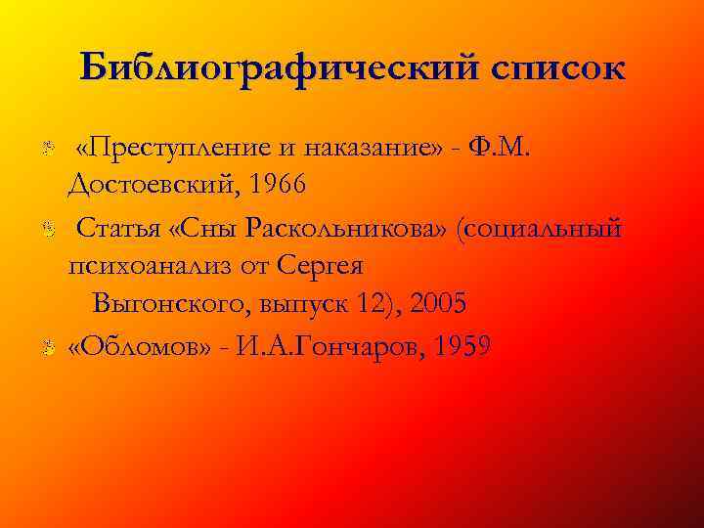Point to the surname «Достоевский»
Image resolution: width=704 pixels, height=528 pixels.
coord(153,183)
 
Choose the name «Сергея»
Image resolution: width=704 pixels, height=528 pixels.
coord(321,264)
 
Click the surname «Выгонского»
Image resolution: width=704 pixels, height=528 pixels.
coord(172,303)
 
